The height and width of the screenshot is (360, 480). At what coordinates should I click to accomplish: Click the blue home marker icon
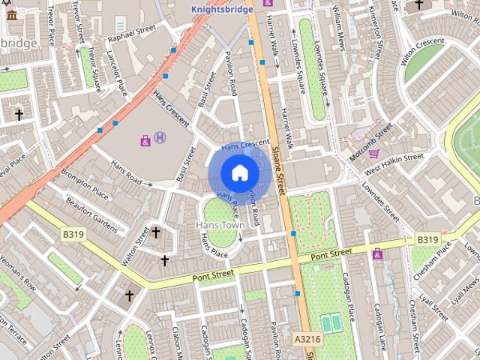[239, 173]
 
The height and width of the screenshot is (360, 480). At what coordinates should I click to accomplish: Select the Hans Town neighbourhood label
[220, 224]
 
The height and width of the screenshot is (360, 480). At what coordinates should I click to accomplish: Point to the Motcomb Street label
[370, 139]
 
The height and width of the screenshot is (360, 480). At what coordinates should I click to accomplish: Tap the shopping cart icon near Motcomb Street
[373, 153]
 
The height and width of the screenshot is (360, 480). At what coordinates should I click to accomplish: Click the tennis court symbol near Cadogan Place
[330, 322]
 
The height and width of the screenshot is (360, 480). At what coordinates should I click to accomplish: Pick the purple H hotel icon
[160, 138]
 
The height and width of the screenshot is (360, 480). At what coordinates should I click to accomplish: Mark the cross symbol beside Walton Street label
[156, 232]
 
